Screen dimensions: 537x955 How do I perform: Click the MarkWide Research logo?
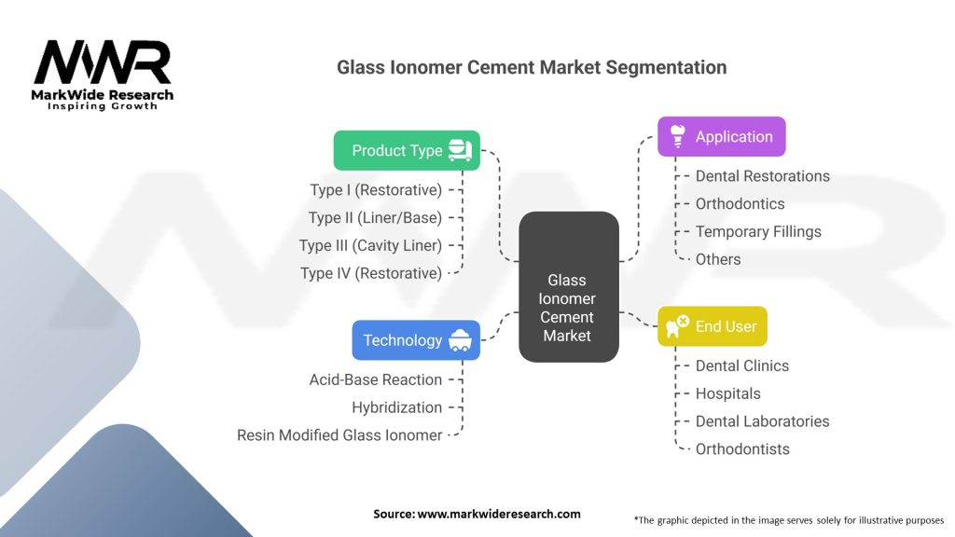click(x=103, y=75)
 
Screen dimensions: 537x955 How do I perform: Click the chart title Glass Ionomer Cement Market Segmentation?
click(x=532, y=67)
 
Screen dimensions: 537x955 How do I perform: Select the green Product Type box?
click(x=407, y=150)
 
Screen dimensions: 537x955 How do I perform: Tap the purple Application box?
click(x=722, y=136)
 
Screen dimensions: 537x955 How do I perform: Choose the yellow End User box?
click(x=713, y=326)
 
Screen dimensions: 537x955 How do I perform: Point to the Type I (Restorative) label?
click(x=376, y=190)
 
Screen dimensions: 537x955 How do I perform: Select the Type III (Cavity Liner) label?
click(x=370, y=245)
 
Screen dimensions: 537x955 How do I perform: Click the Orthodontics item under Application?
click(x=740, y=203)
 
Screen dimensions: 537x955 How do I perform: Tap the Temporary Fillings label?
click(x=758, y=231)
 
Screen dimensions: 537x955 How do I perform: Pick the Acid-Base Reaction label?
click(x=376, y=379)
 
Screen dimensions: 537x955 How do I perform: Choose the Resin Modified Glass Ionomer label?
click(x=339, y=434)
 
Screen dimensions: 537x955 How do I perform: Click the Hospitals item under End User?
click(x=727, y=393)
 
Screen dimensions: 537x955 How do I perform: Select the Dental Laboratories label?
click(x=762, y=421)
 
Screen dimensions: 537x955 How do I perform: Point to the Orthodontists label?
click(x=742, y=449)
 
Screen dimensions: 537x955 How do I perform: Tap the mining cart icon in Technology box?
click(x=459, y=340)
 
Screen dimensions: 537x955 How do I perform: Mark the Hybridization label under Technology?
click(x=396, y=407)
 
